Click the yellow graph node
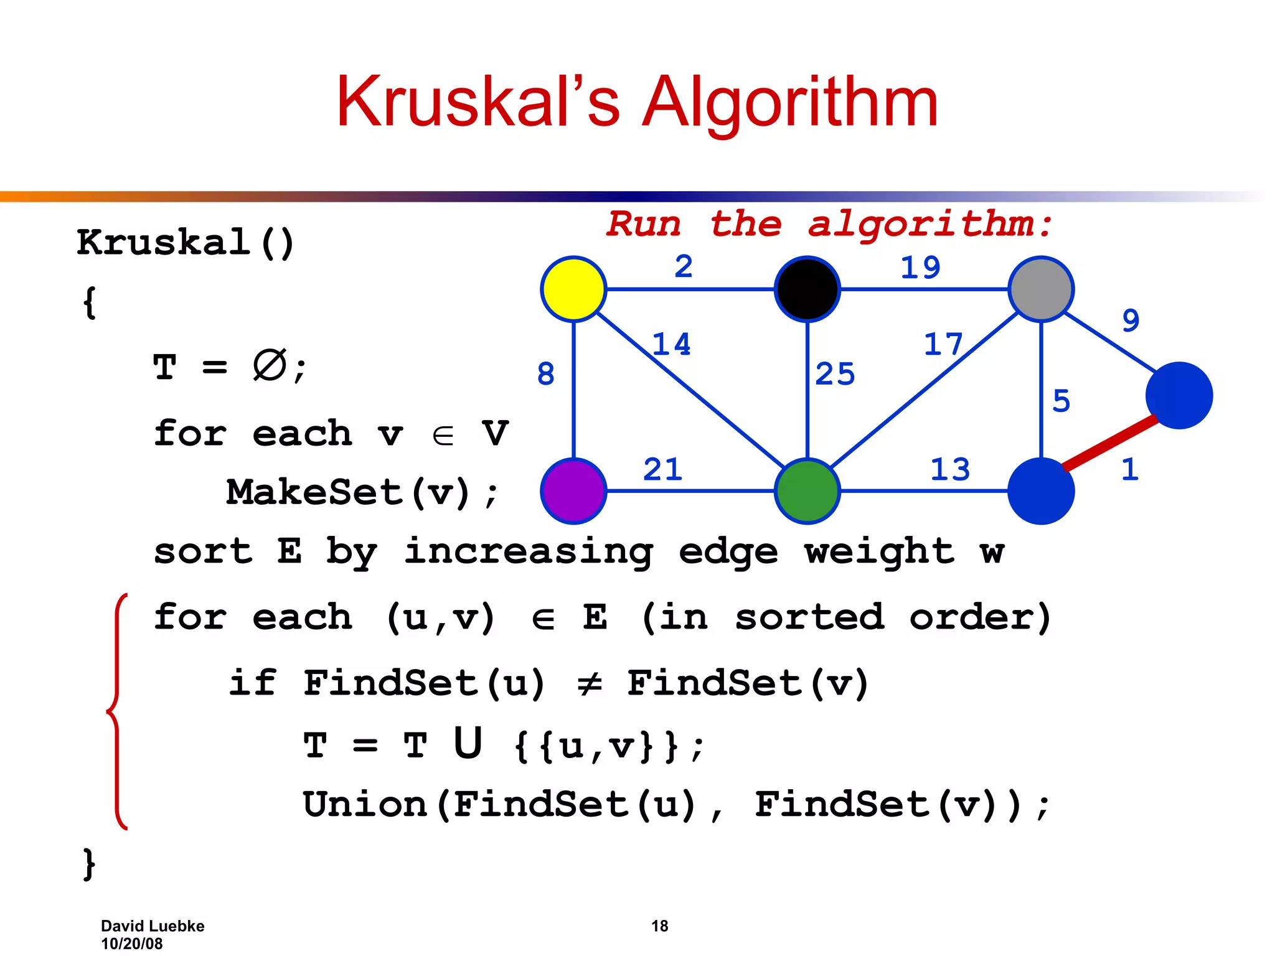[x=573, y=289]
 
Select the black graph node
[x=807, y=289]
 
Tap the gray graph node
[x=1041, y=289]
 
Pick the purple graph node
[x=573, y=491]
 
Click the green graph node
[x=807, y=491]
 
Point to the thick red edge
[x=1110, y=443]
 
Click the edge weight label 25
[x=835, y=374]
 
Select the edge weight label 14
[x=671, y=344]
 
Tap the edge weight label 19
[x=920, y=268]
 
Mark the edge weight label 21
[x=662, y=469]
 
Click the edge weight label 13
[x=950, y=469]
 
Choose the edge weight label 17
[x=943, y=344]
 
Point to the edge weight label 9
[x=1131, y=321]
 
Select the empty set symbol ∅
[x=270, y=365]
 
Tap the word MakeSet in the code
[x=314, y=492]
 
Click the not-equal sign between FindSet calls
[x=589, y=684]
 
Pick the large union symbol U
[x=468, y=743]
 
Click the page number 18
[x=659, y=926]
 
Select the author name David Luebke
[x=153, y=926]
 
